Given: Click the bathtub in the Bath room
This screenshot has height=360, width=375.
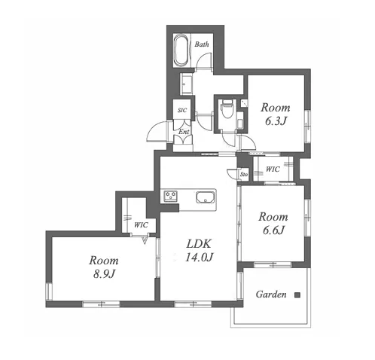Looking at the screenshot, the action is coord(181,50).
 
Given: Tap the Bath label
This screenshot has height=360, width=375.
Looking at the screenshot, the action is coord(202,44).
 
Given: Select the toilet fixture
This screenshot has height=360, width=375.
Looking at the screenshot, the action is coord(227,109).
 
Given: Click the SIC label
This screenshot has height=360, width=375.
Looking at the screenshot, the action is coord(182,110).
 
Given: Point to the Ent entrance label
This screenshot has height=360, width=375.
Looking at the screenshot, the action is coord(184,132).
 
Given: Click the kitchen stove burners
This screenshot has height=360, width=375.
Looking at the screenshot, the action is coord(171,196).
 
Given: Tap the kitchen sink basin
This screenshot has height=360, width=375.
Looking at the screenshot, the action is coord(206,197).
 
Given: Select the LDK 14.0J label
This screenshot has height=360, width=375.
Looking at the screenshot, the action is coord(199,250).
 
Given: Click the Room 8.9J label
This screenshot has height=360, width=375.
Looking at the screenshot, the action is coord(104,267).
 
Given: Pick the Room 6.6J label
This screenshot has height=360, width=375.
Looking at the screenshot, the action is coord(273,223).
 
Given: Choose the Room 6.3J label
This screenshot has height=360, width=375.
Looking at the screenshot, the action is coord(276,114).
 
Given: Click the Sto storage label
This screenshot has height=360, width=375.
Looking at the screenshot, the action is coord(244,174).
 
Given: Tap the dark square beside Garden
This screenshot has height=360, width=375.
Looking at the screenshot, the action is coord(297,295).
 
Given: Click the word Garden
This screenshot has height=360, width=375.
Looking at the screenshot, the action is coord(271,294).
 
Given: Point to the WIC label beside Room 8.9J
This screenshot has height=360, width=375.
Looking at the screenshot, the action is coord(141,225).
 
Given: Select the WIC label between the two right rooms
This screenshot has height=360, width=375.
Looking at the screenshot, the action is coord(273,169).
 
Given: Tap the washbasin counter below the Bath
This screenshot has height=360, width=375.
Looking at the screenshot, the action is coord(186,84).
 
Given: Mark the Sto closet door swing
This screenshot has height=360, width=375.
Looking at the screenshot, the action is coord(231,172).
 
